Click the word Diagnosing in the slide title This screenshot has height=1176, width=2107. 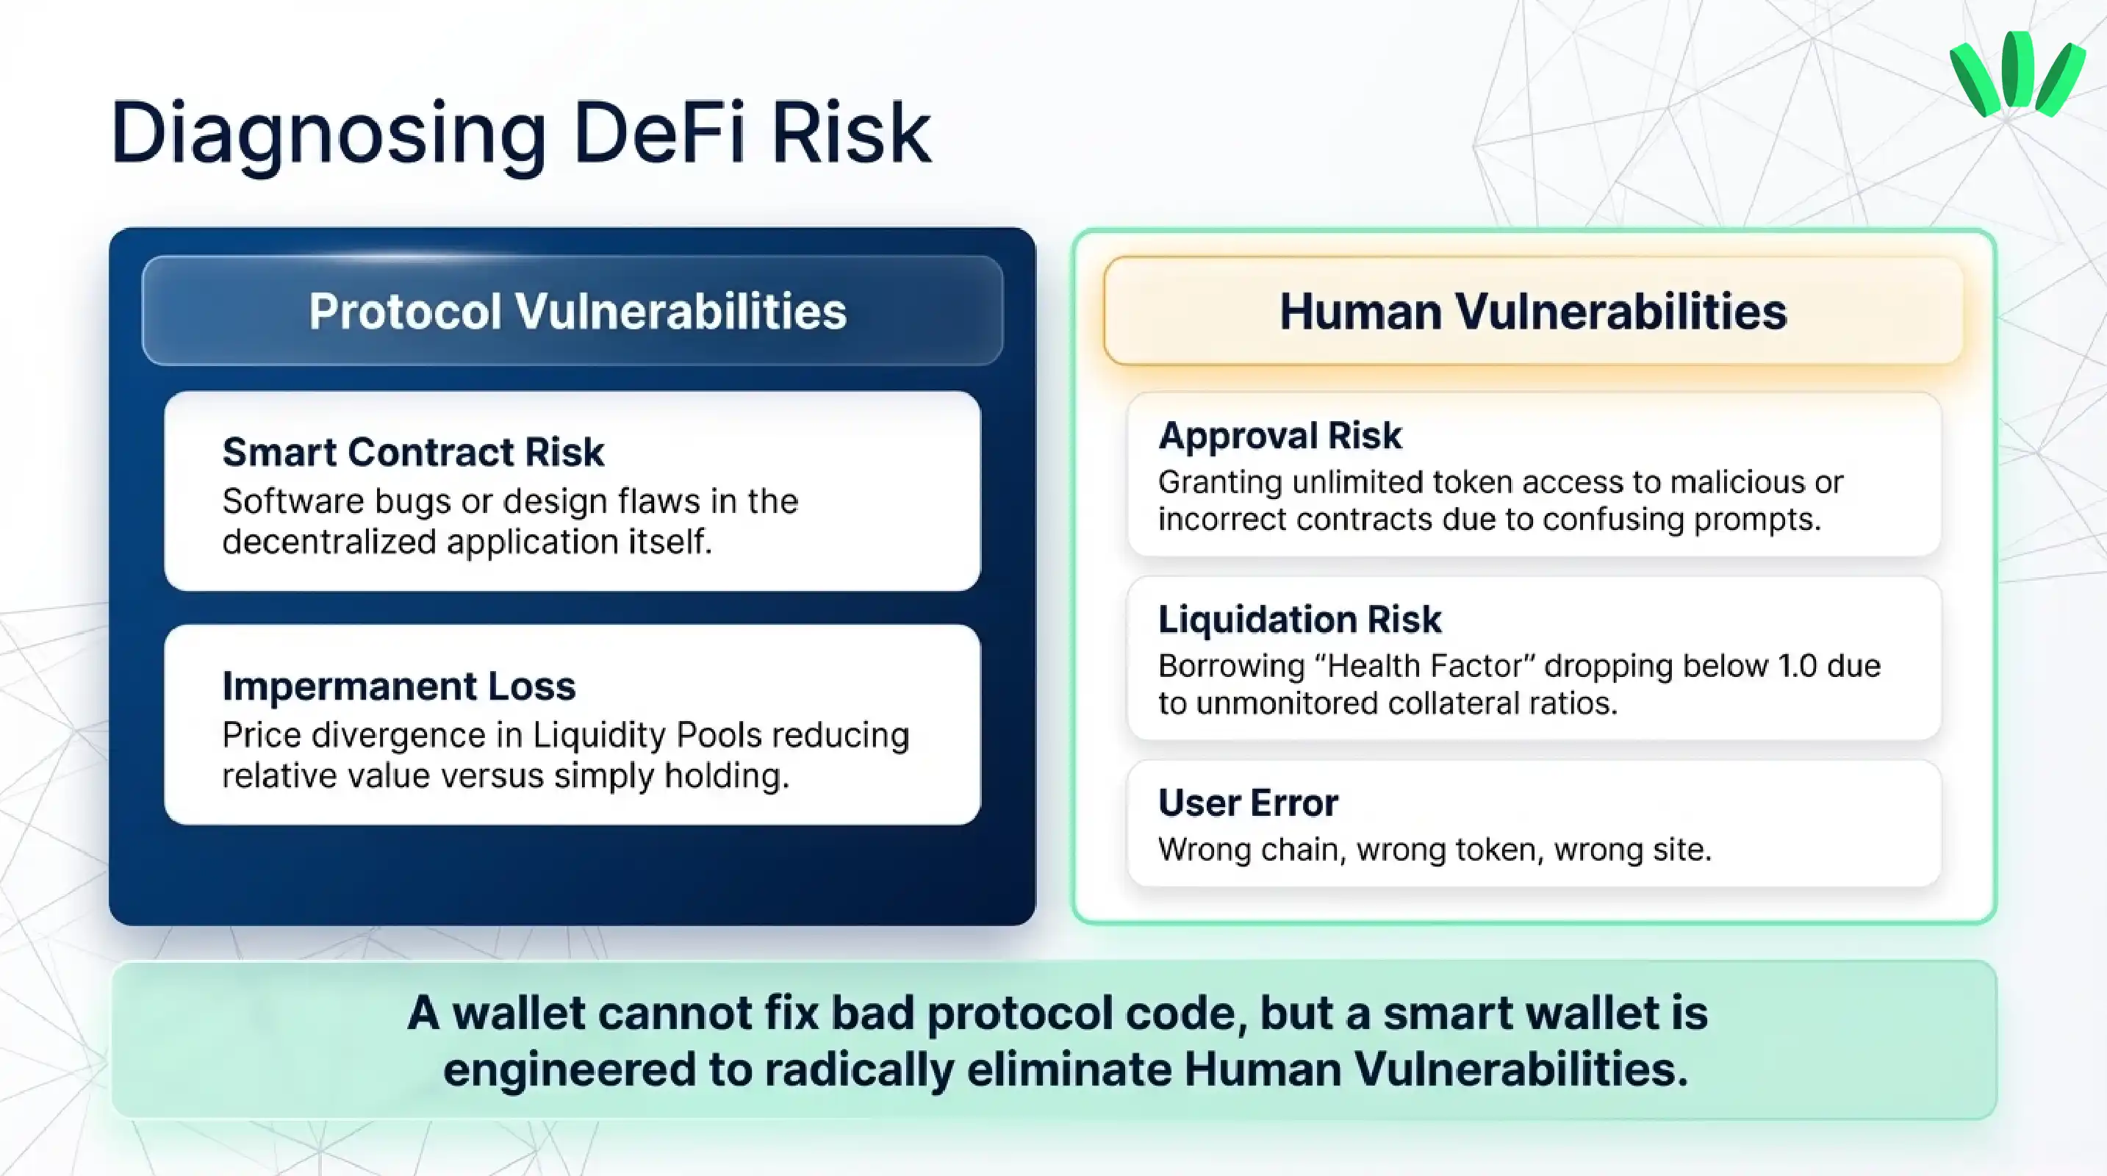tap(327, 133)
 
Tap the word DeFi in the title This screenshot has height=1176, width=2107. tap(659, 132)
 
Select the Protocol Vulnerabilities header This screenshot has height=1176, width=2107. tap(578, 312)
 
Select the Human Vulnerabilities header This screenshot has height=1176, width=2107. tap(1533, 312)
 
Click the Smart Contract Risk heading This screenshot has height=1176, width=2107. tap(413, 452)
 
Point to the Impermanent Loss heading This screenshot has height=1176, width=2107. tap(399, 686)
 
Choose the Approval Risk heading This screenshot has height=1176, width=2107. tap(1280, 435)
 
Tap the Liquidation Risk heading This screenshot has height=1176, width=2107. tap(1300, 619)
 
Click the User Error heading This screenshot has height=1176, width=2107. tap(1248, 803)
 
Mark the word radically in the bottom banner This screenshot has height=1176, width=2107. tap(859, 1069)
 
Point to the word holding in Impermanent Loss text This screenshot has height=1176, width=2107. tap(726, 775)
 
